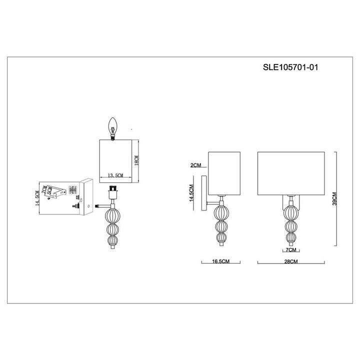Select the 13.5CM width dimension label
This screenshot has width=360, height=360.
coord(115,175)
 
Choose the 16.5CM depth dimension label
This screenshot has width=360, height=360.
coord(220,261)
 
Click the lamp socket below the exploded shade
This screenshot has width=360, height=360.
coord(113,192)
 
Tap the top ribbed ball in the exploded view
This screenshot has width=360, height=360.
coord(113,217)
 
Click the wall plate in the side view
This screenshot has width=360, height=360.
coord(204,193)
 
